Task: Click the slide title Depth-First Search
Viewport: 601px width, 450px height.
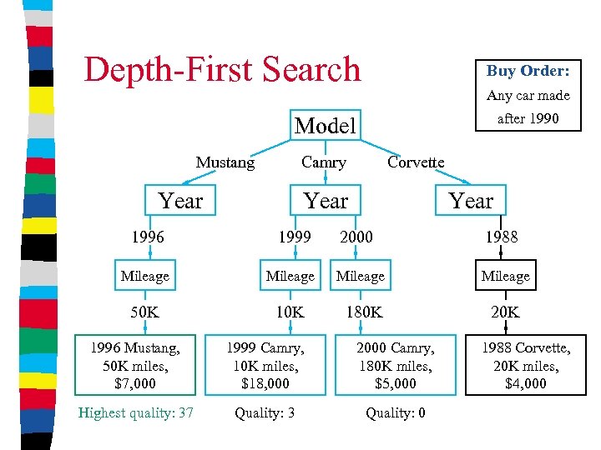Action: point(222,69)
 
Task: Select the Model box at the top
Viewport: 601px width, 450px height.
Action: point(326,126)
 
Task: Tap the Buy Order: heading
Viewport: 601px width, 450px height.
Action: point(528,71)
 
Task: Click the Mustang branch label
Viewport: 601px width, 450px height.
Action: point(225,162)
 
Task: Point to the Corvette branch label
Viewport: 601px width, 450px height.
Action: point(416,162)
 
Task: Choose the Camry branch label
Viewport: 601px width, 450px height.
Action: point(324,162)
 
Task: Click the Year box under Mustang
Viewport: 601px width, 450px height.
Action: point(180,201)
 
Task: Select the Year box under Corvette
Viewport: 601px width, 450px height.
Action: point(471,201)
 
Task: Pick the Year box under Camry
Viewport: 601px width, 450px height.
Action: point(326,201)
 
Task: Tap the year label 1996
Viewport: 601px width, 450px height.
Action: point(147,237)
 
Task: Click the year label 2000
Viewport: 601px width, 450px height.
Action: point(356,237)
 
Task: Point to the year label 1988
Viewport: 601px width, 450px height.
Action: point(502,237)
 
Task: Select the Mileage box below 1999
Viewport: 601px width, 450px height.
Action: point(290,276)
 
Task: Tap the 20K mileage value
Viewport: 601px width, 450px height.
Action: point(505,312)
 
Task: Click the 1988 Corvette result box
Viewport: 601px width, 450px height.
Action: point(526,365)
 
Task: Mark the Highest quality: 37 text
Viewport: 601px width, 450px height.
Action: point(136,412)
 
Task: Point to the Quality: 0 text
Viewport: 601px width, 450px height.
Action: point(396,412)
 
